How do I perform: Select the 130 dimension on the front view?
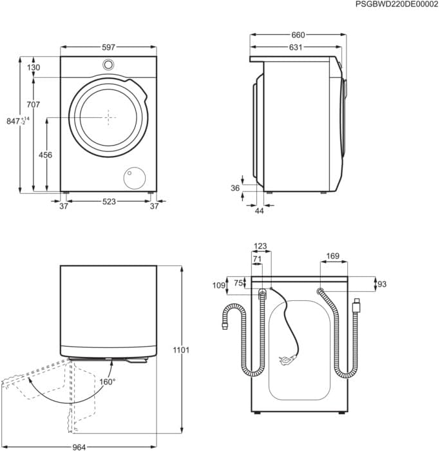tap(33, 68)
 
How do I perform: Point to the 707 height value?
tap(33, 105)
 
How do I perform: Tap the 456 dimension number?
tap(46, 155)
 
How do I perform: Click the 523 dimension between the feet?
tap(109, 202)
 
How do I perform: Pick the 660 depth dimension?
tap(296, 35)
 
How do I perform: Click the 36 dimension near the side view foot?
tap(235, 188)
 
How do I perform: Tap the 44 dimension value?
tap(260, 211)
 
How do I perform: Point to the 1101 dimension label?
tap(182, 350)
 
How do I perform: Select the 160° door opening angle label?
tap(108, 382)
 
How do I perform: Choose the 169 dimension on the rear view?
tap(332, 256)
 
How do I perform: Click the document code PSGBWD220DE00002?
tap(396, 5)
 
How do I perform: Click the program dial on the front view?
tap(109, 64)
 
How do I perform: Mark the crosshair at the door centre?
tap(109, 117)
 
